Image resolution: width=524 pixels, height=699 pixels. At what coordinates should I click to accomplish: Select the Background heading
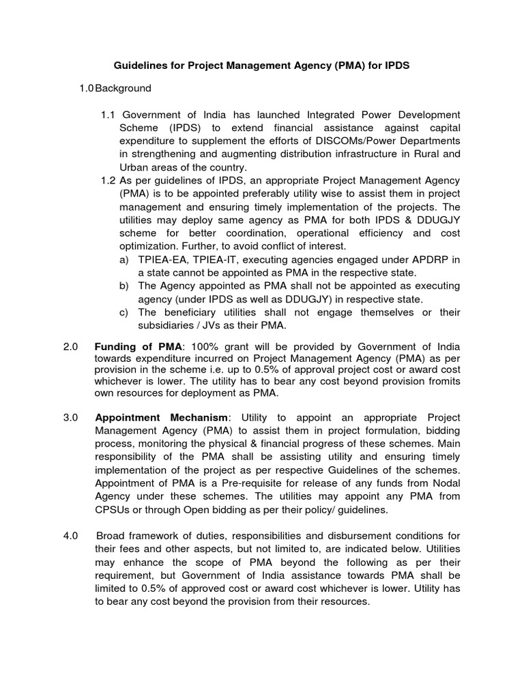coord(123,89)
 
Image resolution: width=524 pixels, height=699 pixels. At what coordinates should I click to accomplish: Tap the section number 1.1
coord(109,115)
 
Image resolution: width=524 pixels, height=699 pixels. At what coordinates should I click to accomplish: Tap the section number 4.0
coord(72,534)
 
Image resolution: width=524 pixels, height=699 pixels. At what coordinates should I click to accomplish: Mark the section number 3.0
coord(72,417)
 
